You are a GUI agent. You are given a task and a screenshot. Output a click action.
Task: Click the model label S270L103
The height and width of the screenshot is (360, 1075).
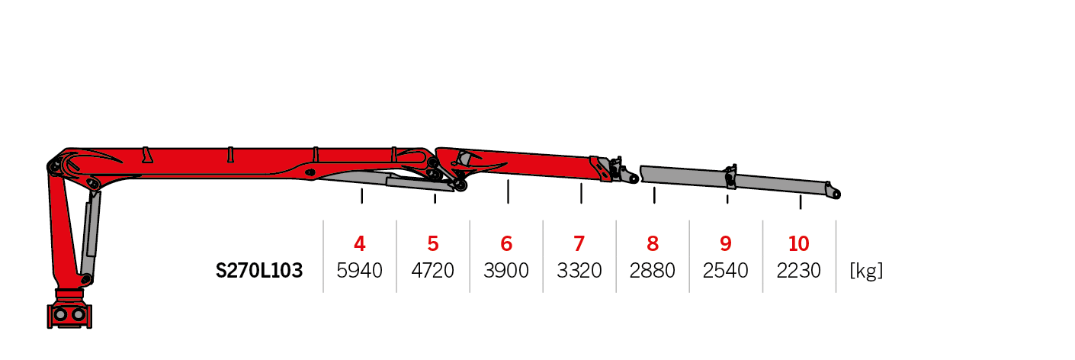(x=259, y=271)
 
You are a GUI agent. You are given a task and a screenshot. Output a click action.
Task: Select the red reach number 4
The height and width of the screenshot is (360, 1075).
(x=359, y=244)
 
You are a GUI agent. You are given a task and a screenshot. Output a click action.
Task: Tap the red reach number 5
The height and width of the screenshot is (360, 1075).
(x=433, y=244)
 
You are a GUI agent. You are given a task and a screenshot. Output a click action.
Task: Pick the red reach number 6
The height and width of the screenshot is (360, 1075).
(x=506, y=244)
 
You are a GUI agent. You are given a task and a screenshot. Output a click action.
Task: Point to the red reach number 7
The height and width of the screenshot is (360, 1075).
(x=579, y=244)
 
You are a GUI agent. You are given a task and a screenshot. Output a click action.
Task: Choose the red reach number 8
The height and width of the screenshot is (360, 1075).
(x=653, y=244)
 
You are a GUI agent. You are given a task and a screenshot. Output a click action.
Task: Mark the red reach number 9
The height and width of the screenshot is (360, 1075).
(x=726, y=244)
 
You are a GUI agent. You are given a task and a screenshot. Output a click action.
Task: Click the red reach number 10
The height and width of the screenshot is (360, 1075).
(x=798, y=244)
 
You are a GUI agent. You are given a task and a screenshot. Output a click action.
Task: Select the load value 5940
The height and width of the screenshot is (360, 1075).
(x=359, y=271)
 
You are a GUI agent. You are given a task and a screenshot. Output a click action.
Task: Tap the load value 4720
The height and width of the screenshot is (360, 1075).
(x=433, y=271)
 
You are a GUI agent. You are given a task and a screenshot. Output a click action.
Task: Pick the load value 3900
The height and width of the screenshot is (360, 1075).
(x=506, y=271)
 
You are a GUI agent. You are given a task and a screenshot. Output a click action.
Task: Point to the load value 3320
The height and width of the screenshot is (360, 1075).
(x=579, y=271)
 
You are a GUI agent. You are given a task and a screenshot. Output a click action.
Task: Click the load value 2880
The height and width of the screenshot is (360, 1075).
(x=653, y=271)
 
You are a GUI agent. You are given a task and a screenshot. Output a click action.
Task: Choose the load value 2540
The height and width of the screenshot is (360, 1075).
(x=726, y=271)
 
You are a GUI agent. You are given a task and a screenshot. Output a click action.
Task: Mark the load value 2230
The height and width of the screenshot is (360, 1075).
(x=798, y=271)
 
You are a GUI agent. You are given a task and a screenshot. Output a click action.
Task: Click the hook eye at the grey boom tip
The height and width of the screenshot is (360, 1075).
(x=836, y=194)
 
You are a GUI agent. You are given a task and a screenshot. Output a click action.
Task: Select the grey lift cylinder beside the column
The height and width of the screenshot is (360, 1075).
(x=90, y=235)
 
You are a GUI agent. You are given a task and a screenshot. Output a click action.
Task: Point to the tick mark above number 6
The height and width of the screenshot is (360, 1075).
(x=509, y=191)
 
